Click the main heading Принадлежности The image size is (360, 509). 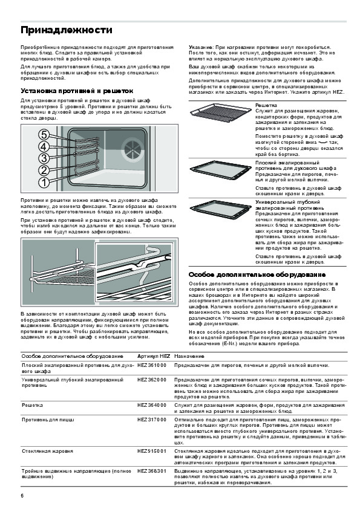point(67,30)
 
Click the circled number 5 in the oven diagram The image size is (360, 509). point(44,135)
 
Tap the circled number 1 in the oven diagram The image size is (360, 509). point(44,182)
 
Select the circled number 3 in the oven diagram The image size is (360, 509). point(44,158)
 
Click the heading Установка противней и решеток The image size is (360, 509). point(77,91)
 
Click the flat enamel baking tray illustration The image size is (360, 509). point(221,169)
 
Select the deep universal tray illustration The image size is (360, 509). point(221,209)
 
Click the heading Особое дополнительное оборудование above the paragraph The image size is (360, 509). point(257,274)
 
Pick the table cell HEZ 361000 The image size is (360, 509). point(152,365)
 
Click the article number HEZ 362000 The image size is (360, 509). point(152,380)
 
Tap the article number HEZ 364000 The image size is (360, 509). point(152,405)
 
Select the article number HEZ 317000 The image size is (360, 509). point(152,420)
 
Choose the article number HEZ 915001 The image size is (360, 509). point(152,451)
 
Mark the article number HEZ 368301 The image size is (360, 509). point(152,471)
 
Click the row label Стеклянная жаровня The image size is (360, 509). point(47,451)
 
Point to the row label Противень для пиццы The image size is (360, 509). point(48,420)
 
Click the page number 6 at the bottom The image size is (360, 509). point(22,496)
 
